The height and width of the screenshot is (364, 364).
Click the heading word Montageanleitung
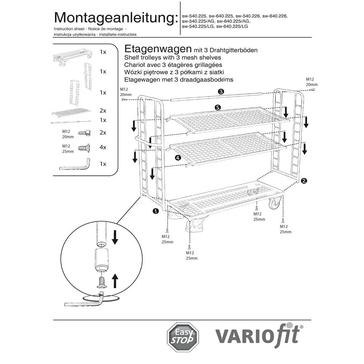click(116, 17)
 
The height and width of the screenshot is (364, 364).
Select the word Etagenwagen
click(158, 49)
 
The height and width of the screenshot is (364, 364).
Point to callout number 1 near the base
click(156, 211)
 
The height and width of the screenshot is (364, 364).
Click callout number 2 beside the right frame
click(304, 180)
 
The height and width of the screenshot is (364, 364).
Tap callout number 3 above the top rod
click(221, 92)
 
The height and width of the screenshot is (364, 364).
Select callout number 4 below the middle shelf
click(178, 158)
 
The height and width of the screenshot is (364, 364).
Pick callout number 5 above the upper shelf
click(218, 107)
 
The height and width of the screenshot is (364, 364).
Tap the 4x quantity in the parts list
click(103, 147)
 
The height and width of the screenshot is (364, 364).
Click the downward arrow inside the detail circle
click(115, 238)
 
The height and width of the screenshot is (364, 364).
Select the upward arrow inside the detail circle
click(115, 281)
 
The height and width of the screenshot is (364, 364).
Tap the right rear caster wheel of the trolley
click(275, 202)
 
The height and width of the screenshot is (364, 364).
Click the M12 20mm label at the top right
click(310, 82)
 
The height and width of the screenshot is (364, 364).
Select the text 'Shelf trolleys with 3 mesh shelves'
click(173, 58)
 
